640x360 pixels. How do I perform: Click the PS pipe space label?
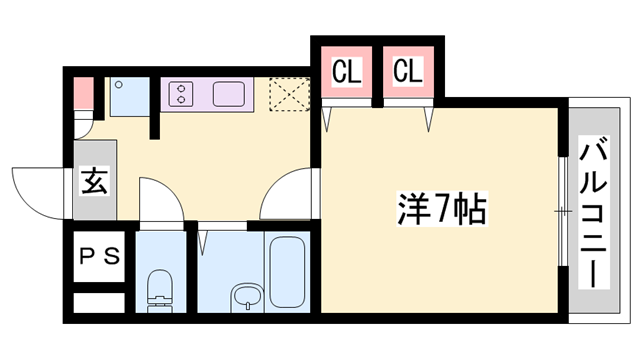tap(99, 255)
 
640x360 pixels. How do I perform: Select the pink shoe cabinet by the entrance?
tap(82, 93)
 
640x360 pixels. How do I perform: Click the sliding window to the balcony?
tap(563, 211)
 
